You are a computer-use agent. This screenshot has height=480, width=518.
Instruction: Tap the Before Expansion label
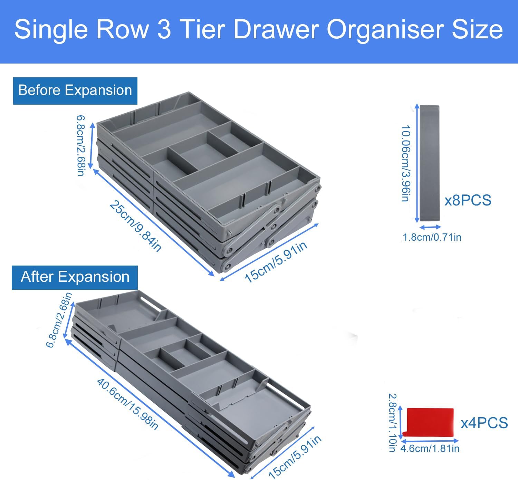(x=75, y=91)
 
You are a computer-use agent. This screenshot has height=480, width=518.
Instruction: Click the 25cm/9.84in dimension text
(x=135, y=226)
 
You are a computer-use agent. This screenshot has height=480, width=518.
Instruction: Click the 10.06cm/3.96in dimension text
(x=406, y=163)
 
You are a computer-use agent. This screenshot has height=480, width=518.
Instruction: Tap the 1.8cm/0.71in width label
(x=432, y=237)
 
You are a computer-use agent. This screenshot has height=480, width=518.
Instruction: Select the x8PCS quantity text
(x=468, y=200)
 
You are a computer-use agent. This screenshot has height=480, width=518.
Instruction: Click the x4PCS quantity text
(x=485, y=423)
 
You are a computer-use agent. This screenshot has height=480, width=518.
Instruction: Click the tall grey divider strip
(x=430, y=163)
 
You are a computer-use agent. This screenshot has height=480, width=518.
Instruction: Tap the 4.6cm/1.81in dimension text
(x=430, y=449)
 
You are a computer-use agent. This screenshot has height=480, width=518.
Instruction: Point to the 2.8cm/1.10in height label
(x=393, y=423)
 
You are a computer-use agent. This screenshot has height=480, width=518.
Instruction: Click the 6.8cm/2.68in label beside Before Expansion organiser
(x=81, y=146)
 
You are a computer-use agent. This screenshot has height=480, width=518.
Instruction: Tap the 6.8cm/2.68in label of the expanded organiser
(x=59, y=320)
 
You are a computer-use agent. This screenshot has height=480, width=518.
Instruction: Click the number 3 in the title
(x=164, y=29)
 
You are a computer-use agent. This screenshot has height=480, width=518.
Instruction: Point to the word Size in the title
(x=477, y=29)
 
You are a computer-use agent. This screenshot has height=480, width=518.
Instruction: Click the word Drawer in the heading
(x=276, y=29)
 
